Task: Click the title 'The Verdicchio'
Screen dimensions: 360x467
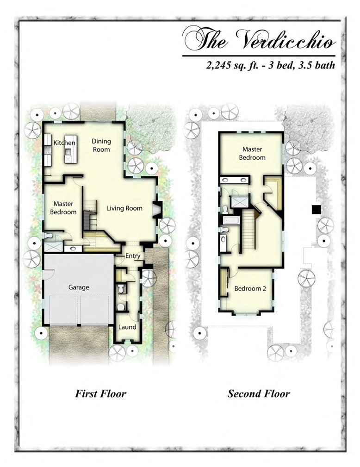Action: coord(259,39)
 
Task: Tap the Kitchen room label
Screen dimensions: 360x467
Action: coord(64,143)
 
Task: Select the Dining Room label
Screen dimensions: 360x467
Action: coord(101,145)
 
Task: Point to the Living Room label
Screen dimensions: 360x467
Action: coord(124,208)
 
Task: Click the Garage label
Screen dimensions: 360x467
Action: coord(79,287)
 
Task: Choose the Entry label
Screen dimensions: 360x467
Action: coord(133,256)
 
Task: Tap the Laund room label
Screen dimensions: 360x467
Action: coord(127,327)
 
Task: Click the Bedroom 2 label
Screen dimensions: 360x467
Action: coord(250,288)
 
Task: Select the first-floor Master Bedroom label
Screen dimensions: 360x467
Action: coord(63,208)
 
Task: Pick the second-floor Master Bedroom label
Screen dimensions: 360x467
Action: coord(252,153)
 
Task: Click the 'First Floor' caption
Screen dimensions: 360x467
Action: coord(101,394)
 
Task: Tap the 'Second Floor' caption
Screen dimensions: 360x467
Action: coord(259,394)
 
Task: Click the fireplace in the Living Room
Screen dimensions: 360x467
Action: coord(157,208)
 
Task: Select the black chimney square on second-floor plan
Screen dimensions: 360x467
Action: coord(316,209)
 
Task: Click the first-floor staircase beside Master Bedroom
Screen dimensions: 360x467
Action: coord(90,215)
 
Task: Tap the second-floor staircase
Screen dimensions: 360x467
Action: coord(249,229)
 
